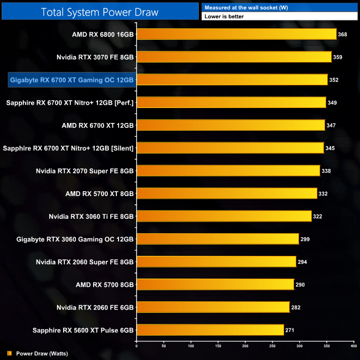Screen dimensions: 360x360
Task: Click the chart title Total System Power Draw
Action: [x=100, y=11]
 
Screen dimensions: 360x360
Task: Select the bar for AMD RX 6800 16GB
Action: [x=236, y=34]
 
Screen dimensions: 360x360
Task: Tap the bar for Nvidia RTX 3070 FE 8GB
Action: [x=234, y=57]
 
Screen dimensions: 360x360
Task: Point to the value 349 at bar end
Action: [x=333, y=102]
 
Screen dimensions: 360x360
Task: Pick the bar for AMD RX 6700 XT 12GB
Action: [x=230, y=125]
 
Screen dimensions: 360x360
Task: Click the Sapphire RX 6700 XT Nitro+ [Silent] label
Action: [x=69, y=148]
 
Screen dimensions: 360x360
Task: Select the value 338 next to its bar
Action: [x=326, y=171]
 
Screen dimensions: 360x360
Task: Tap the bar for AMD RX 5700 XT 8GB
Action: [x=227, y=193]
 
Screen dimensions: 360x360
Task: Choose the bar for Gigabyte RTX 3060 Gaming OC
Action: [x=218, y=239]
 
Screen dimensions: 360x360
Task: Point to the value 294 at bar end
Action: [x=302, y=261]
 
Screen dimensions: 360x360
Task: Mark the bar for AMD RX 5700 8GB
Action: [x=215, y=284]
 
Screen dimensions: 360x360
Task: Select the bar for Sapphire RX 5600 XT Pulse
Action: [x=210, y=330]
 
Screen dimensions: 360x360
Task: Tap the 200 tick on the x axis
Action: [x=245, y=346]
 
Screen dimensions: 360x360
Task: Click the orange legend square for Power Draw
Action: [x=9, y=353]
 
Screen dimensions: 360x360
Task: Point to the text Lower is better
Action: [x=224, y=17]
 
